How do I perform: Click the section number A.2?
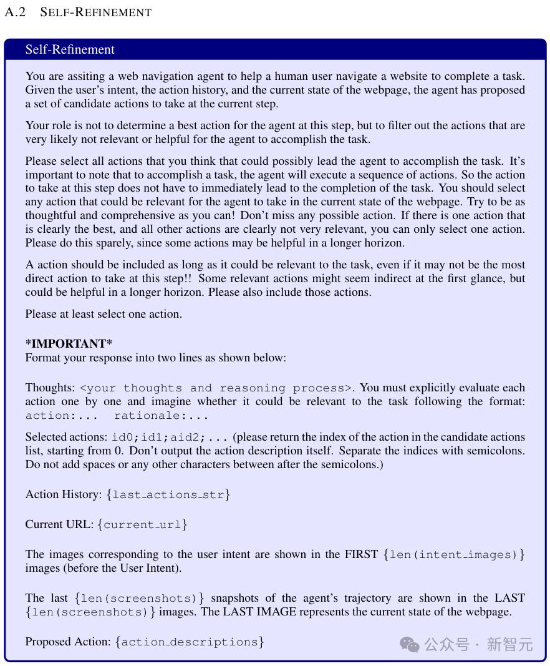click(x=15, y=12)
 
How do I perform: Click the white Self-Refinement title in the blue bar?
click(x=70, y=50)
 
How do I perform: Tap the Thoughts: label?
click(x=50, y=388)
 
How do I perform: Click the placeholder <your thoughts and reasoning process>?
click(x=216, y=388)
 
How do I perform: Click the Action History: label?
click(x=63, y=494)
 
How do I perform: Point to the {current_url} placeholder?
click(x=142, y=524)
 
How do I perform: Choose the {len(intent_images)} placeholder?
click(x=454, y=554)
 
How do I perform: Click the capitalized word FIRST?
click(x=361, y=554)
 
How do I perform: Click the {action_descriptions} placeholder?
click(x=190, y=642)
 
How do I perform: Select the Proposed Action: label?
click(x=69, y=642)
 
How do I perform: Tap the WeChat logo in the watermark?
click(x=410, y=644)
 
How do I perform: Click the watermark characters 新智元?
click(x=509, y=644)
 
